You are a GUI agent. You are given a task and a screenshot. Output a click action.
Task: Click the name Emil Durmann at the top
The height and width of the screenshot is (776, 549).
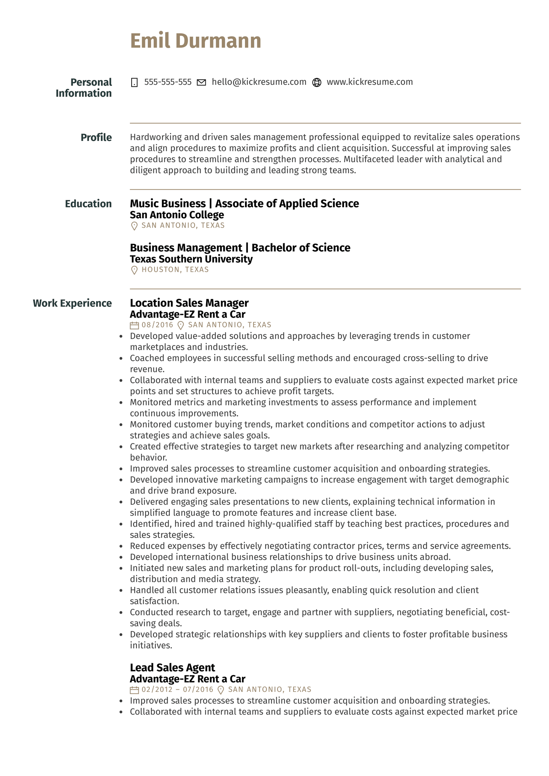click(x=195, y=41)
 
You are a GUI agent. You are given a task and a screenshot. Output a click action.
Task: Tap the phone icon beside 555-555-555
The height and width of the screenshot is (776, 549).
click(x=134, y=83)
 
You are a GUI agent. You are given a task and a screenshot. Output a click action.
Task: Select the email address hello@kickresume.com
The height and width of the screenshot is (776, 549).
click(x=259, y=82)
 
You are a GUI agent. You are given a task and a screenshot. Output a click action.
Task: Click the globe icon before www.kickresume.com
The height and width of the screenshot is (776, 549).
click(x=317, y=83)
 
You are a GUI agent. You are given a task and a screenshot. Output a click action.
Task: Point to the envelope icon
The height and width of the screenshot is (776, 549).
click(x=202, y=83)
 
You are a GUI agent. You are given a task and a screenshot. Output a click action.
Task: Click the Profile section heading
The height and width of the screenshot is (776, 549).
click(x=96, y=138)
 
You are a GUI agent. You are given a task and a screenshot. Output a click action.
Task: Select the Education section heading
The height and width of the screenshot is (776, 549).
click(x=88, y=204)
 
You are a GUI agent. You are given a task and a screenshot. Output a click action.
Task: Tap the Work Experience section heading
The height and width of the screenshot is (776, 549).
click(x=72, y=303)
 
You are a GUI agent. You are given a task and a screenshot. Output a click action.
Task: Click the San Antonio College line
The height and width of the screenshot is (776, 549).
click(x=177, y=215)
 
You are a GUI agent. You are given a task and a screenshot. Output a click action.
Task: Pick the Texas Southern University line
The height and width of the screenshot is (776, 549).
click(x=191, y=259)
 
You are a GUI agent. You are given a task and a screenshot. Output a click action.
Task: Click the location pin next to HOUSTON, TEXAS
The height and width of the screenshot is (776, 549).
click(x=134, y=270)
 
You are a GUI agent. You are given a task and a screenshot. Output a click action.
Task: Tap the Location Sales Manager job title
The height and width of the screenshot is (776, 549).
click(x=189, y=303)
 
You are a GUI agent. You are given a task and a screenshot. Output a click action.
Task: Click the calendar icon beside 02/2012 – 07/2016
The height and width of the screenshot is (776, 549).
click(x=134, y=690)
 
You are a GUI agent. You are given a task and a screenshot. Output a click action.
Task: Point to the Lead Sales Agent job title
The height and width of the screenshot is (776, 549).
click(x=172, y=668)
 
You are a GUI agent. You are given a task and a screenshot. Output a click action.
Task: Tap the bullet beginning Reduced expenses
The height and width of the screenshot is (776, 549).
click(x=320, y=546)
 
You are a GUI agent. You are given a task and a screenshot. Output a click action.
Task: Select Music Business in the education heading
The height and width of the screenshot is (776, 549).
click(x=168, y=204)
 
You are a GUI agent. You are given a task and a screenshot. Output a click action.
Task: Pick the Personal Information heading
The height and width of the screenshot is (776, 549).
click(x=83, y=88)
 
